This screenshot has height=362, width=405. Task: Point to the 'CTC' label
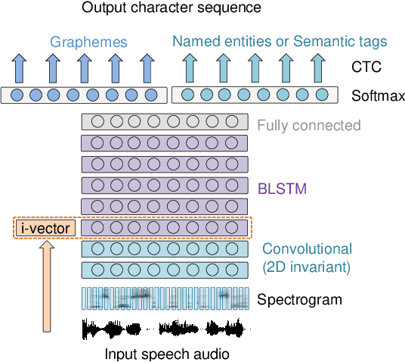(366, 68)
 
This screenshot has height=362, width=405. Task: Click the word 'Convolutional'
(307, 248)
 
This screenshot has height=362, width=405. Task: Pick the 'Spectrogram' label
(299, 299)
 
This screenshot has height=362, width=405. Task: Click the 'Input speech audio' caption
(166, 353)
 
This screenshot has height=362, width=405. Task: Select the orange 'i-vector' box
(45, 227)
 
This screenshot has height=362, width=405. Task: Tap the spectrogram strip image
(164, 298)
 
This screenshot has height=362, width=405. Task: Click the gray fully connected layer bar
(164, 121)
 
